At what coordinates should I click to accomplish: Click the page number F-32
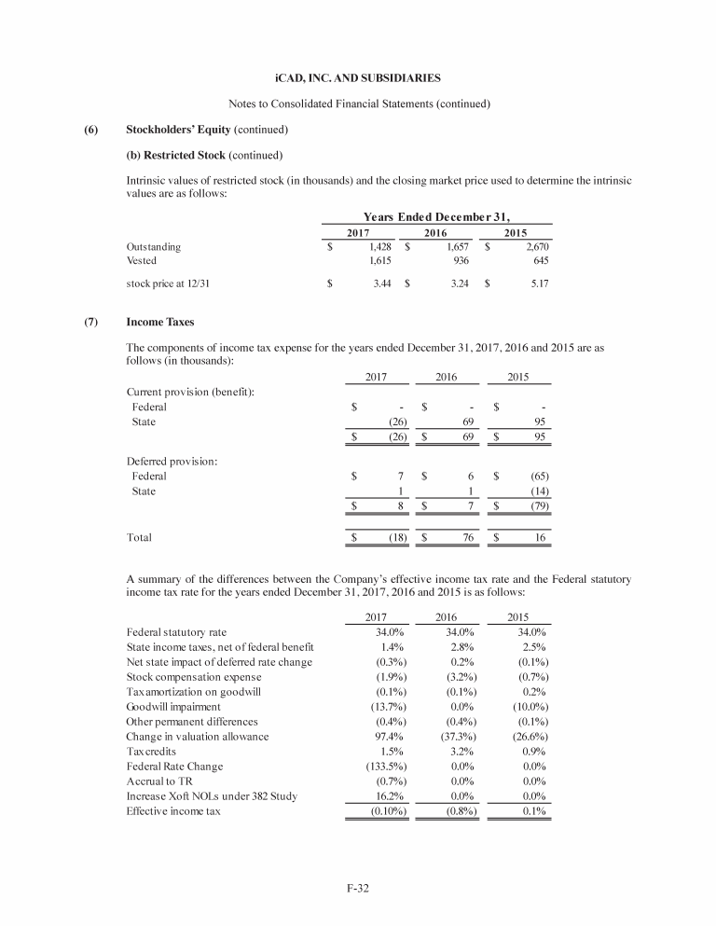click(358, 887)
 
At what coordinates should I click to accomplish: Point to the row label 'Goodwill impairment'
click(173, 707)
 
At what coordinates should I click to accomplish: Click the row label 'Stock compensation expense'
click(191, 677)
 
